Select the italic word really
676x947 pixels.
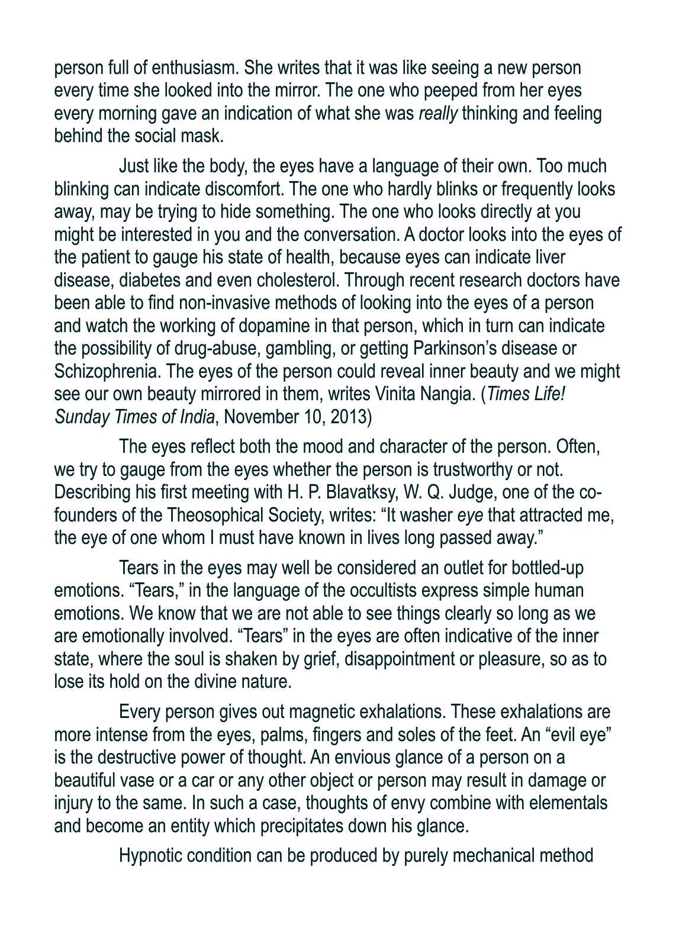437,113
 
